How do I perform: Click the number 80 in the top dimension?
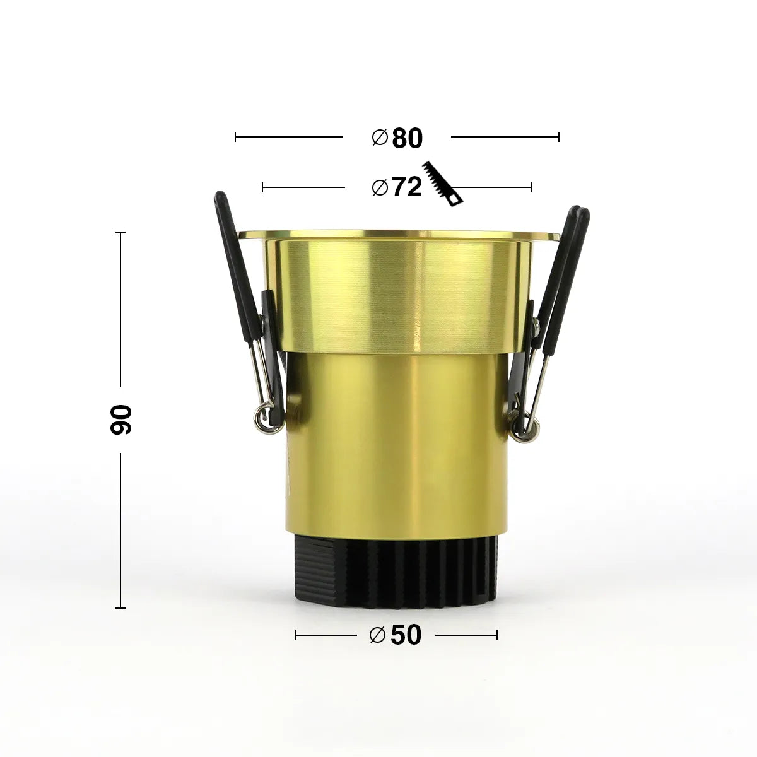tap(407, 138)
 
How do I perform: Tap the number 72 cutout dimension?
tap(406, 187)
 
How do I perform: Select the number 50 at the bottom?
tap(406, 635)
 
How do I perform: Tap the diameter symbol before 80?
tap(380, 138)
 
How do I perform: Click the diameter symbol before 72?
tap(380, 187)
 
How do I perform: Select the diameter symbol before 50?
tap(377, 635)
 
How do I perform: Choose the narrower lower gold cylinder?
tap(397, 442)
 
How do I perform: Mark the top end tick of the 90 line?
tap(120, 232)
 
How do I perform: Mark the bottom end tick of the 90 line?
tap(120, 608)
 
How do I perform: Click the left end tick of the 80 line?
tap(235, 136)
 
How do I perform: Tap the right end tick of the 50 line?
tap(497, 635)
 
